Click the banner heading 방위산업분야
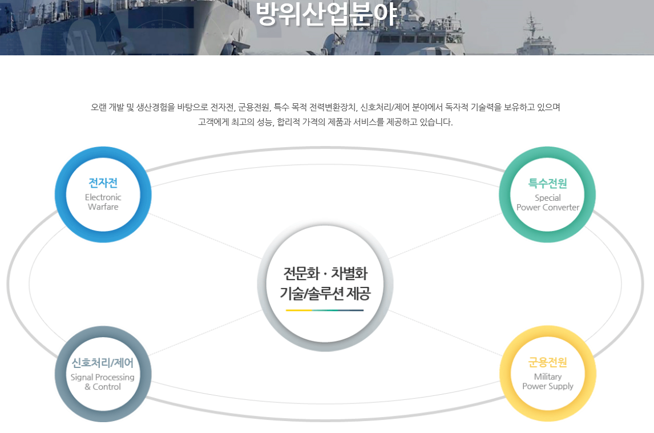click(326, 14)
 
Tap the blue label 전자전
click(103, 183)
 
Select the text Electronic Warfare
click(103, 202)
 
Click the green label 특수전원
click(548, 183)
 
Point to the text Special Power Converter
click(548, 203)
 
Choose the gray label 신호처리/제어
click(103, 363)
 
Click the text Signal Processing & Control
click(103, 382)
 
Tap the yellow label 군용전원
click(548, 363)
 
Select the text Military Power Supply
click(548, 382)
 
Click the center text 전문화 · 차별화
click(325, 274)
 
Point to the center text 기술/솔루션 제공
click(325, 294)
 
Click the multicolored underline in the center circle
click(325, 310)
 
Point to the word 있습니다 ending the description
click(437, 122)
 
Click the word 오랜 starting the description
click(98, 107)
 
